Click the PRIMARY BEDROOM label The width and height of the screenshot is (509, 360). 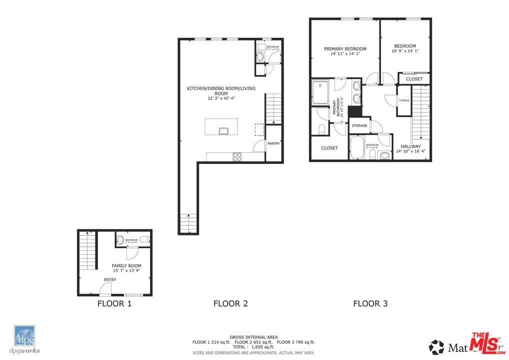pos(345,49)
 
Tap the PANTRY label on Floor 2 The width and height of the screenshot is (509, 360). pos(273,143)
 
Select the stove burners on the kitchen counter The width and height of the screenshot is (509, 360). pos(237,156)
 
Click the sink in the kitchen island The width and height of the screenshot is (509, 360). pos(223,131)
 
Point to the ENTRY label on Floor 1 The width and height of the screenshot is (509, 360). pos(110,279)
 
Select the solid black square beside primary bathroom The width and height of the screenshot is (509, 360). pos(355,111)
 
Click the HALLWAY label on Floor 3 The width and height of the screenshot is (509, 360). pos(410,146)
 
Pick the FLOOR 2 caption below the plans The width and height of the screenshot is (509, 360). pos(230,303)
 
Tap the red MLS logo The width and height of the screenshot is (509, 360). pos(487,342)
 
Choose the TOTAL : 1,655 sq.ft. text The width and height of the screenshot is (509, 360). pos(253,346)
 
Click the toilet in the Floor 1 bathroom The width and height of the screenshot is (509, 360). pos(120,240)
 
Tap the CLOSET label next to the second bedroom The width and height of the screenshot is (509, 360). pos(414,79)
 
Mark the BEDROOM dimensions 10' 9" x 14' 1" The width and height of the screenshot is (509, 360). pos(404,50)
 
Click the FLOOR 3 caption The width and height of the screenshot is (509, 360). pos(370,303)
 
